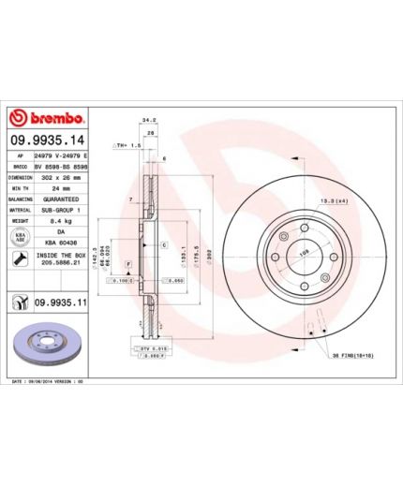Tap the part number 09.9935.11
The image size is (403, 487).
61,303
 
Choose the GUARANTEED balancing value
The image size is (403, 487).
61,199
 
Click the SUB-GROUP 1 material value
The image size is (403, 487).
60,211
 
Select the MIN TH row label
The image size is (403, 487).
20,187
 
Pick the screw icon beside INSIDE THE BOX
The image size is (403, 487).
20,258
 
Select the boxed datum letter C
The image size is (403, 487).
164,245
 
